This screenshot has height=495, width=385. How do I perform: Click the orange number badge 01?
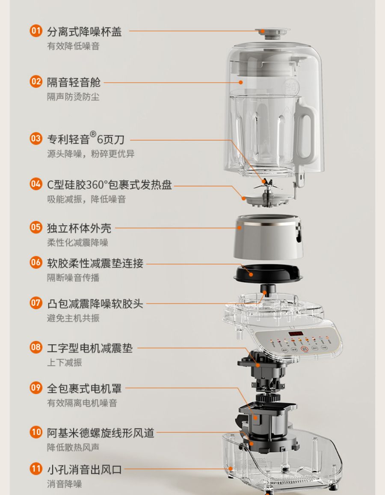pyautogui.click(x=36, y=31)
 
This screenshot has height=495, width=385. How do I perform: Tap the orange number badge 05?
pyautogui.click(x=36, y=227)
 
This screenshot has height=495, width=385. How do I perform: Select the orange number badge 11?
pyautogui.click(x=36, y=469)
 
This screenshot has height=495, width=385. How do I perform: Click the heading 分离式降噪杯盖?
pyautogui.click(x=84, y=32)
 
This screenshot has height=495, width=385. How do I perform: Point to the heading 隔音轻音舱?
pyautogui.click(x=74, y=82)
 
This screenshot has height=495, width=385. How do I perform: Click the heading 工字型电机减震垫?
pyautogui.click(x=90, y=348)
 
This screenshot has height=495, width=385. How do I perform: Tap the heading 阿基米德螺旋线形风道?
pyautogui.click(x=101, y=433)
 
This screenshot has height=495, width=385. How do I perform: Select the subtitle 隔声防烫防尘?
pyautogui.click(x=73, y=97)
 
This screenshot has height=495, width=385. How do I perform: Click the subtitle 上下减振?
pyautogui.click(x=64, y=362)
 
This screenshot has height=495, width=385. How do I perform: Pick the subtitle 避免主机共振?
pyautogui.click(x=73, y=318)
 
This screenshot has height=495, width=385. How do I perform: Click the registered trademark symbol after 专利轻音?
pyautogui.click(x=93, y=134)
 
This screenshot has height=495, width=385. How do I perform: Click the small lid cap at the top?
pyautogui.click(x=272, y=33)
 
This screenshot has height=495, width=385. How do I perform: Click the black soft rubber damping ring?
pyautogui.click(x=268, y=274)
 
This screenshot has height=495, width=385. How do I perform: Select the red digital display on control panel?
pyautogui.click(x=296, y=334)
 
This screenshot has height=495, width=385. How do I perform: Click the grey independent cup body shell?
pyautogui.click(x=268, y=237)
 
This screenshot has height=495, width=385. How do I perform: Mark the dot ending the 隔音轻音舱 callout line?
pyautogui.click(x=240, y=82)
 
